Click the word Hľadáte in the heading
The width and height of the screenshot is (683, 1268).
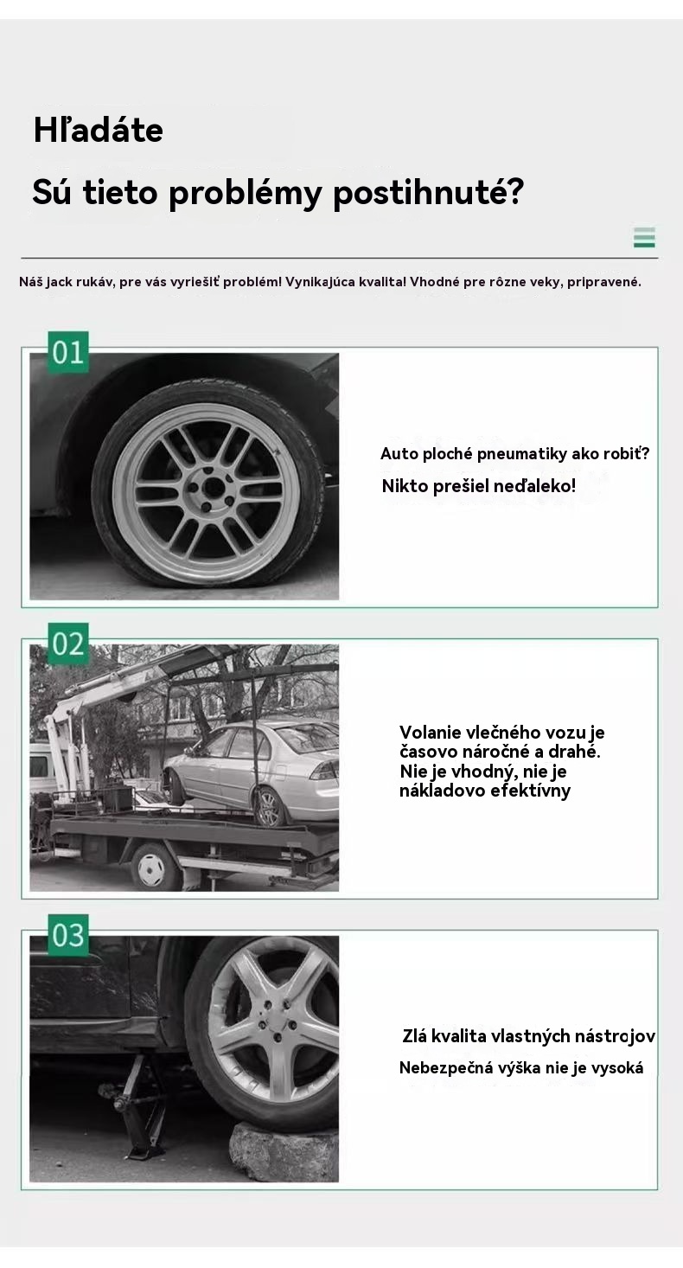99,130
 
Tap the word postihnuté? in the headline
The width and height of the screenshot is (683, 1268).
428,193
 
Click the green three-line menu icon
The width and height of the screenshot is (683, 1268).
644,238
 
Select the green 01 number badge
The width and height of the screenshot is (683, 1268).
68,352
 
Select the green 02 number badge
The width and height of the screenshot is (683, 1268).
68,644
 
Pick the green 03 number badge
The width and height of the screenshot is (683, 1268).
68,935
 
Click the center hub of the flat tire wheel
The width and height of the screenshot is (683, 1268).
212,487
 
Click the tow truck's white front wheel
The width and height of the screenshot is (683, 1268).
151,869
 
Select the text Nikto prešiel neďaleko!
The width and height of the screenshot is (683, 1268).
479,486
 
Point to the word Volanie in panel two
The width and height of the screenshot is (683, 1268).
430,732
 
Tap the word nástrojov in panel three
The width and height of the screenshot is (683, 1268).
615,1036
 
